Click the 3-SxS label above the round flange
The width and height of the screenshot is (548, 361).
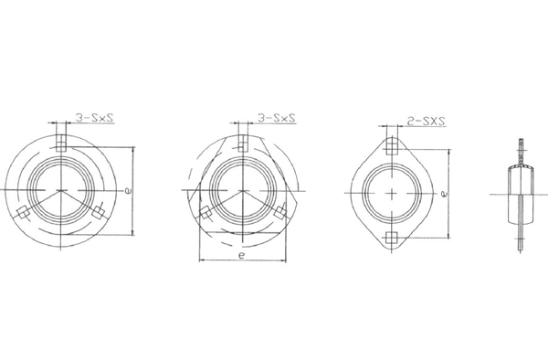(x=95, y=118)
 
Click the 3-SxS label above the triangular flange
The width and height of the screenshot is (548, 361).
(x=277, y=118)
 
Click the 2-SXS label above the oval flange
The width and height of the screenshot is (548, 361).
(x=427, y=122)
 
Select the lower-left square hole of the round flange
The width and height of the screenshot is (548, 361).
(x=24, y=212)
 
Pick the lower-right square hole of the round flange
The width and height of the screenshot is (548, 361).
(x=98, y=212)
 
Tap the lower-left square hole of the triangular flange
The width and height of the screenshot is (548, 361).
(x=205, y=212)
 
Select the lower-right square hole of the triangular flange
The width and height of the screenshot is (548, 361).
(x=280, y=212)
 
